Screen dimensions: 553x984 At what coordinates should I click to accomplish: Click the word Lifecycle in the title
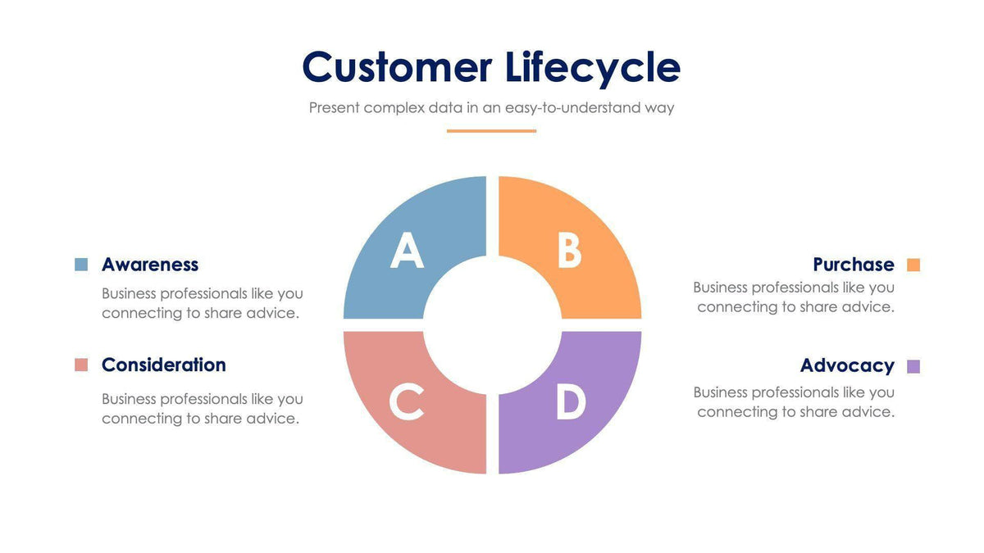coord(592,69)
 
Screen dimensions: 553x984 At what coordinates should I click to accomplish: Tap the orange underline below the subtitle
coord(491,130)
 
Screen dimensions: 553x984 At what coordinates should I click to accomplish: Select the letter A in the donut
coord(407,251)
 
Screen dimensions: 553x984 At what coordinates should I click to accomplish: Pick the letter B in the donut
coord(569,251)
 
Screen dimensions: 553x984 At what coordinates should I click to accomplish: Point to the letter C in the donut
coord(407,401)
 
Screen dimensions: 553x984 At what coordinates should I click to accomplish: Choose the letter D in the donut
coord(571,402)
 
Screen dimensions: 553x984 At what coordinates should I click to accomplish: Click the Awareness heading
coord(150,265)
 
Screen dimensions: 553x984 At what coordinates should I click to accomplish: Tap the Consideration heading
coord(164,365)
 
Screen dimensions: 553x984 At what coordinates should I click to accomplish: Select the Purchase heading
coord(854,265)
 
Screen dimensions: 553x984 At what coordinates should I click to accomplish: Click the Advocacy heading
coord(847,365)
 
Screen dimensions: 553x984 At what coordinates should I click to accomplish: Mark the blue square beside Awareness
coord(81,265)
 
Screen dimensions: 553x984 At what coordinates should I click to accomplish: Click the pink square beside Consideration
coord(81,365)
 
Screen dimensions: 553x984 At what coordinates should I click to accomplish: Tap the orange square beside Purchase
coord(913,265)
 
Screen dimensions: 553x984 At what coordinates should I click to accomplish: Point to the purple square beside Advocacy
coord(913,366)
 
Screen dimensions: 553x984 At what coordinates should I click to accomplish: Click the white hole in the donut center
coord(492,325)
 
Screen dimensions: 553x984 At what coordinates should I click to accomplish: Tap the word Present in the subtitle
coord(334,107)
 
